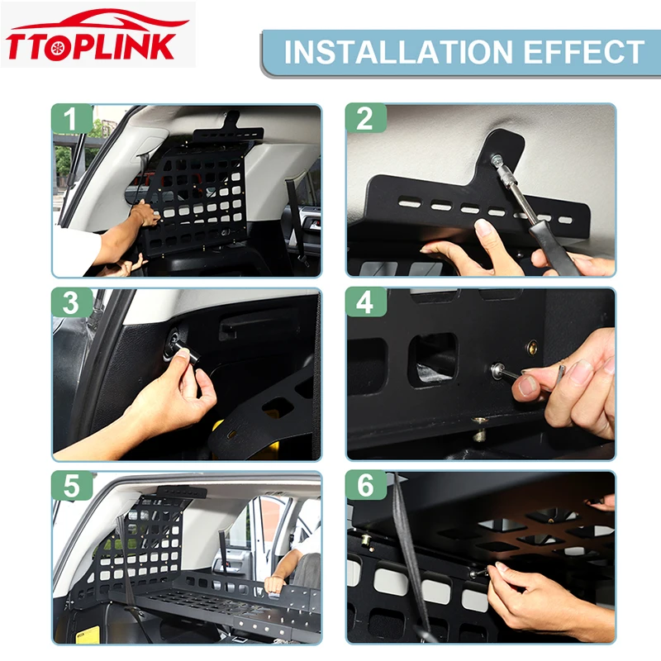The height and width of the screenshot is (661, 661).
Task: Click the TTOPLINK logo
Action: (x=97, y=35)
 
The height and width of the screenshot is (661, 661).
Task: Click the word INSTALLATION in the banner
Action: (x=398, y=52)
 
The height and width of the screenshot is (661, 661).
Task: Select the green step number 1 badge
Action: (x=72, y=119)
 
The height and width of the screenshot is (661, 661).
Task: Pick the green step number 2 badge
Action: (x=365, y=119)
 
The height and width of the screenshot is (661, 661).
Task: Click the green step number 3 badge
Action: (x=72, y=302)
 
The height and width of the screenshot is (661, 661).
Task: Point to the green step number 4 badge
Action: (x=365, y=302)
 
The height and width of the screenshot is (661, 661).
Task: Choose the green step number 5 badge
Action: (x=72, y=486)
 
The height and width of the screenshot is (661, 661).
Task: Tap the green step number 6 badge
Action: (x=365, y=486)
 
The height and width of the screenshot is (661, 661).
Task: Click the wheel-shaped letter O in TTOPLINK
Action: (x=56, y=48)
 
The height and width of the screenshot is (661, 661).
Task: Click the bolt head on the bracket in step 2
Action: (x=495, y=159)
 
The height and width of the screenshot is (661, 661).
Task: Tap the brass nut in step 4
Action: (x=533, y=348)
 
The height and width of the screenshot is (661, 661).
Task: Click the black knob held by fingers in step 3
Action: (x=188, y=353)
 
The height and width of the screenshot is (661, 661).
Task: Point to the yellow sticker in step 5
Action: (x=88, y=635)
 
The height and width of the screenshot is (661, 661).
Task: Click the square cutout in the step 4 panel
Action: (x=433, y=359)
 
